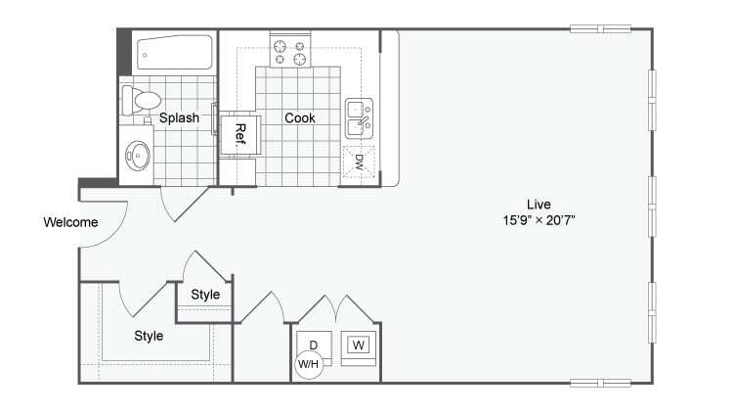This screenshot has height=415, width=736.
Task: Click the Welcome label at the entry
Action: pyautogui.click(x=70, y=222)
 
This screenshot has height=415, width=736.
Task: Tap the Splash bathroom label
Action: pyautogui.click(x=179, y=118)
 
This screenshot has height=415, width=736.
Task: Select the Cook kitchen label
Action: pyautogui.click(x=299, y=118)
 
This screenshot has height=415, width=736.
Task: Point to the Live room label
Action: pyautogui.click(x=533, y=204)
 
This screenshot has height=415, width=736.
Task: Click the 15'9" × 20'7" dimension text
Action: pyautogui.click(x=533, y=220)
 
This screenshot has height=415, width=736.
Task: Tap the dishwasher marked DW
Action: pyautogui.click(x=359, y=161)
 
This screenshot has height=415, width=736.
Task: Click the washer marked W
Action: pyautogui.click(x=359, y=346)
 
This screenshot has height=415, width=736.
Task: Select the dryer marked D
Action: pyautogui.click(x=313, y=345)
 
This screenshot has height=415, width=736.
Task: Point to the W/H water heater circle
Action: pyautogui.click(x=308, y=365)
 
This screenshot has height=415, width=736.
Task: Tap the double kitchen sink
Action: pyautogui.click(x=359, y=117)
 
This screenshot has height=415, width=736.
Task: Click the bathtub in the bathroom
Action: pyautogui.click(x=174, y=53)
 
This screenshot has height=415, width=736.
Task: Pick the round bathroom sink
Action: pyautogui.click(x=138, y=156)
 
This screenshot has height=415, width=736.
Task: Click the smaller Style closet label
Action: pyautogui.click(x=205, y=295)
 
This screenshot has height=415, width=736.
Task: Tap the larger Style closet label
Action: pyautogui.click(x=149, y=336)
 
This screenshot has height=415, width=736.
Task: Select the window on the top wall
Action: pyautogui.click(x=600, y=28)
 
